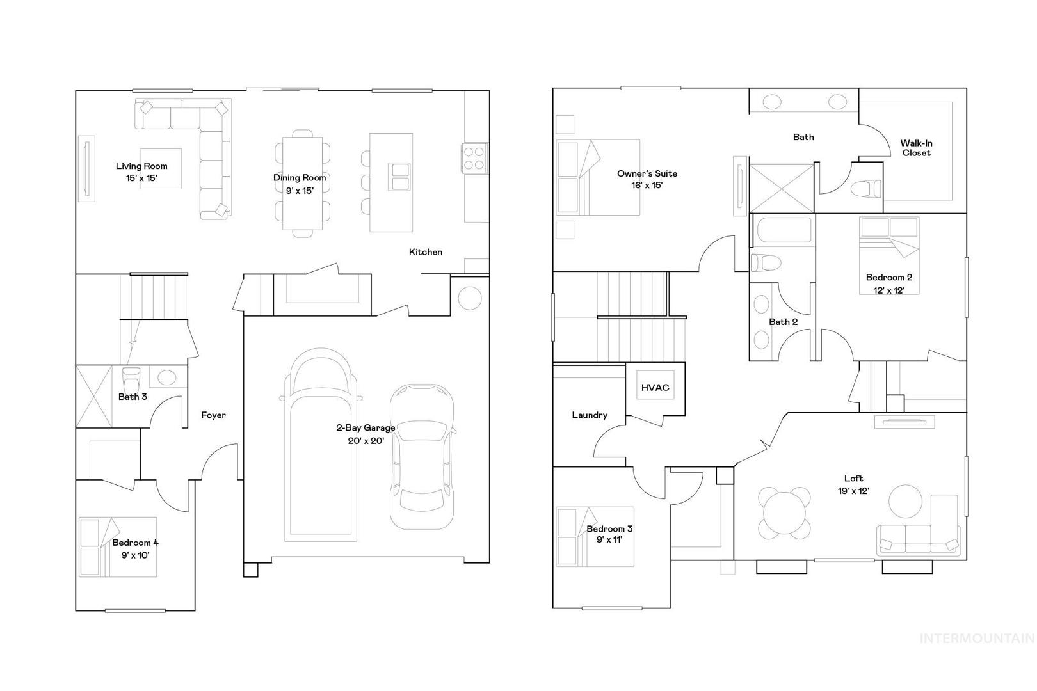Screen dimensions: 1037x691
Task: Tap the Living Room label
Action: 141,171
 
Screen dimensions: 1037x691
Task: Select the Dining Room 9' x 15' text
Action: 300,184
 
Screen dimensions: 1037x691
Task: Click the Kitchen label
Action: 426,252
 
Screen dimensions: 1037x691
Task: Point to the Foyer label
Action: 213,415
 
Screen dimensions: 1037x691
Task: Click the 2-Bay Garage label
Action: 366,434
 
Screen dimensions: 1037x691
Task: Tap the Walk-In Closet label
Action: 916,148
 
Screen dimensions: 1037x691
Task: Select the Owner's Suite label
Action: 647,179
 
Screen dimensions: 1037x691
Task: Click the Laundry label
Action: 590,415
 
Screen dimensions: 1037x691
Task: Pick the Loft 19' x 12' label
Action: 854,484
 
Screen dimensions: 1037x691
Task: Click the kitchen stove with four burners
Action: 474,158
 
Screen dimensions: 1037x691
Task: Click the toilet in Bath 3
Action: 131,379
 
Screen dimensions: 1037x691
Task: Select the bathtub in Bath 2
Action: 783,230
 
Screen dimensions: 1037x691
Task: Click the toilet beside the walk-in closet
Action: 865,189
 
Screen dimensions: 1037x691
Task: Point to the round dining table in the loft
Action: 785,513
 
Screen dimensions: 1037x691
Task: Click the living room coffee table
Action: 161,168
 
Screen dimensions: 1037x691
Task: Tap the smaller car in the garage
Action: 422,457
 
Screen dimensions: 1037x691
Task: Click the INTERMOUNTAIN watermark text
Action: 977,639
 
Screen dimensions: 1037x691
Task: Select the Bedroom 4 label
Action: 135,548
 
